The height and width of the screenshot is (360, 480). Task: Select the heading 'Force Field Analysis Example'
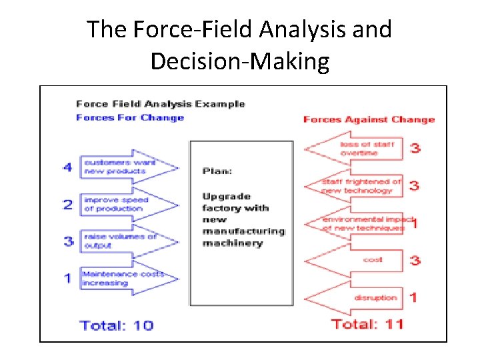tap(160, 104)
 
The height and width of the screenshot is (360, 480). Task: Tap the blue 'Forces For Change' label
tap(129, 118)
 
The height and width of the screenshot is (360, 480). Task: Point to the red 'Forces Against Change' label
tap(368, 120)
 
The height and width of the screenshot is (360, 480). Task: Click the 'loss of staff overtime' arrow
tap(356, 149)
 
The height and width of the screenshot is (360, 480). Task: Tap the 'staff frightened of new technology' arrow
tap(356, 186)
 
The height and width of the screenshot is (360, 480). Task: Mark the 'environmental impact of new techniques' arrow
tap(356, 223)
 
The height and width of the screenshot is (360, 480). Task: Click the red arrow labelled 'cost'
tap(356, 260)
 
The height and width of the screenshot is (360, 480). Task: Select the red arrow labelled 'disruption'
tap(356, 297)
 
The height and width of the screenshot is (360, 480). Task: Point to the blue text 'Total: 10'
tap(116, 325)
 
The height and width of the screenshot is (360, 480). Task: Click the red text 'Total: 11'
tap(367, 325)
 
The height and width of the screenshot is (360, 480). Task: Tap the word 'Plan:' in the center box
tap(217, 171)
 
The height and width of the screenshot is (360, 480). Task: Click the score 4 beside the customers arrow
tap(68, 167)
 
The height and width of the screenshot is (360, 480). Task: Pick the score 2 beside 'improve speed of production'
tap(68, 204)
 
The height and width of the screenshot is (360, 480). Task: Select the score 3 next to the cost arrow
tap(415, 260)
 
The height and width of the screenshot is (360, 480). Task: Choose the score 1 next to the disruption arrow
tap(413, 297)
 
